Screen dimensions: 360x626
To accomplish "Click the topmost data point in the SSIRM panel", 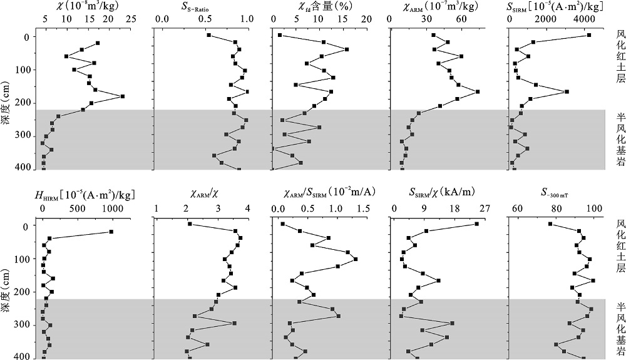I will pos(589,35).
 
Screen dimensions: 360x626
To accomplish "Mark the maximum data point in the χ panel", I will pos(123,96).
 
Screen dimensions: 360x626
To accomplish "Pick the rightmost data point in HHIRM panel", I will pos(111,232).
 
